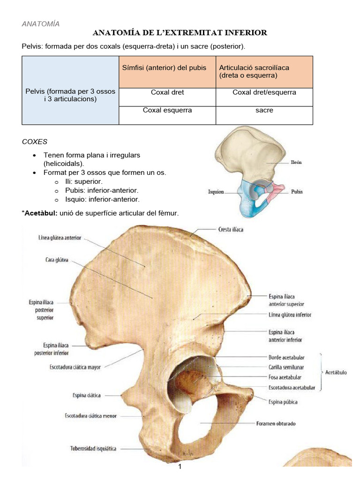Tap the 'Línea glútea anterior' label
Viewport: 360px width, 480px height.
tap(60, 238)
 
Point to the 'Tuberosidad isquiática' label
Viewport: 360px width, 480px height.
tap(93, 449)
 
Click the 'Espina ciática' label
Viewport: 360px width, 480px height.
tap(87, 395)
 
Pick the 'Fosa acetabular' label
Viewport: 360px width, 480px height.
tap(285, 377)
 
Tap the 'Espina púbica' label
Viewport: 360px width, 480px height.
tap(283, 402)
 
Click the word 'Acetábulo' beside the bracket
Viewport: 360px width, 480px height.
tap(336, 372)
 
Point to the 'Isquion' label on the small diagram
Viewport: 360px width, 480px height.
tap(216, 192)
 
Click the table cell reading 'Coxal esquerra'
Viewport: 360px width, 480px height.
tap(167, 110)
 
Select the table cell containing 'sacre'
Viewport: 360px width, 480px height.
tap(264, 110)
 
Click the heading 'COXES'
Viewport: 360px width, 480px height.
tap(35, 141)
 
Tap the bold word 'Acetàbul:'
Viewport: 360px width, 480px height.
tap(41, 214)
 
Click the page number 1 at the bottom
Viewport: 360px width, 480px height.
tap(180, 467)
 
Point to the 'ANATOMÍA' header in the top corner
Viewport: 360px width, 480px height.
tap(41, 24)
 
